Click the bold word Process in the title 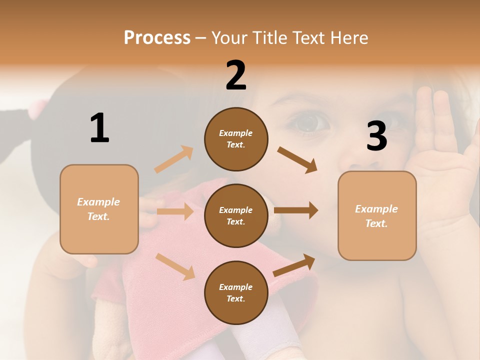[x=157, y=38]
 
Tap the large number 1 [x=99, y=128]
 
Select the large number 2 [x=236, y=75]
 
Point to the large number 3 [x=376, y=136]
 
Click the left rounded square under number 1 [x=99, y=209]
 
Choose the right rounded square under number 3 [x=377, y=215]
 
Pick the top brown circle [x=236, y=139]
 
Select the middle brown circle [x=236, y=215]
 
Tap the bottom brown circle [x=236, y=292]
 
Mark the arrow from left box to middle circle [x=175, y=211]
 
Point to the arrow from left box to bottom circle [x=175, y=266]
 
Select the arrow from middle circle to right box [x=296, y=210]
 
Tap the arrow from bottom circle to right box [x=294, y=265]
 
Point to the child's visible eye [x=306, y=122]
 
